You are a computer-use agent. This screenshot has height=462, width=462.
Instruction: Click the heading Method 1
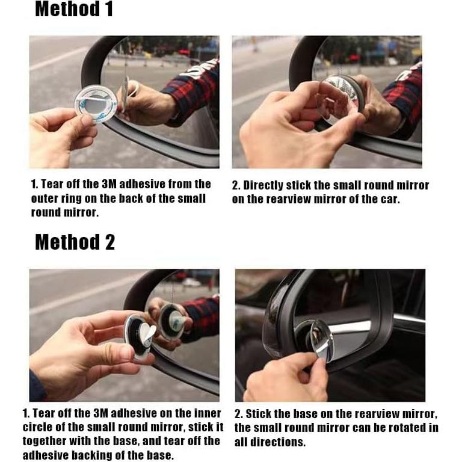(74, 9)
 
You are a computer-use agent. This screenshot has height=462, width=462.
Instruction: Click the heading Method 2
(75, 242)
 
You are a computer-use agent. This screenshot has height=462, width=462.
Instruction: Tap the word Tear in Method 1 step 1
(52, 184)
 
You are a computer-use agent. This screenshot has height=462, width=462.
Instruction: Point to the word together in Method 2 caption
(45, 442)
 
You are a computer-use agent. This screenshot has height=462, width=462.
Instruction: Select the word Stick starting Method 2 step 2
(256, 414)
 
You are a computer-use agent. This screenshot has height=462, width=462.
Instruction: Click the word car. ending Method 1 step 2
(390, 200)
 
